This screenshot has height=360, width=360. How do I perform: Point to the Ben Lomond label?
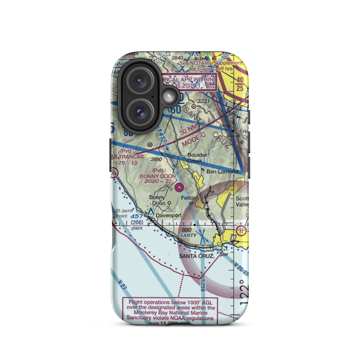pyautogui.click(x=222, y=172)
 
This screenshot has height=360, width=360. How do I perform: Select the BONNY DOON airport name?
pyautogui.click(x=158, y=176)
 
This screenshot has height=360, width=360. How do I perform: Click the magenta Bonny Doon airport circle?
pyautogui.click(x=180, y=186)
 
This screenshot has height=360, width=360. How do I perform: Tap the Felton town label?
pyautogui.click(x=188, y=198)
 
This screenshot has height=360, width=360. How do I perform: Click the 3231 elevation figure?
pyautogui.click(x=204, y=101)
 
